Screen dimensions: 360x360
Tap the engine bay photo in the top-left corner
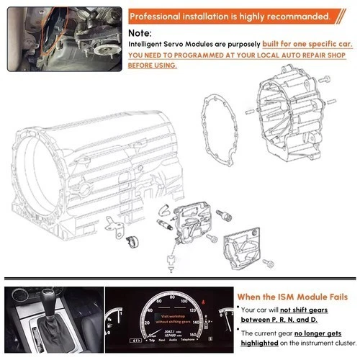coord(63,38)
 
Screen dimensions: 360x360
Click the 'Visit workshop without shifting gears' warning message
coord(165,320)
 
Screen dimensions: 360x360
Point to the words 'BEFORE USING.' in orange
coord(152,65)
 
